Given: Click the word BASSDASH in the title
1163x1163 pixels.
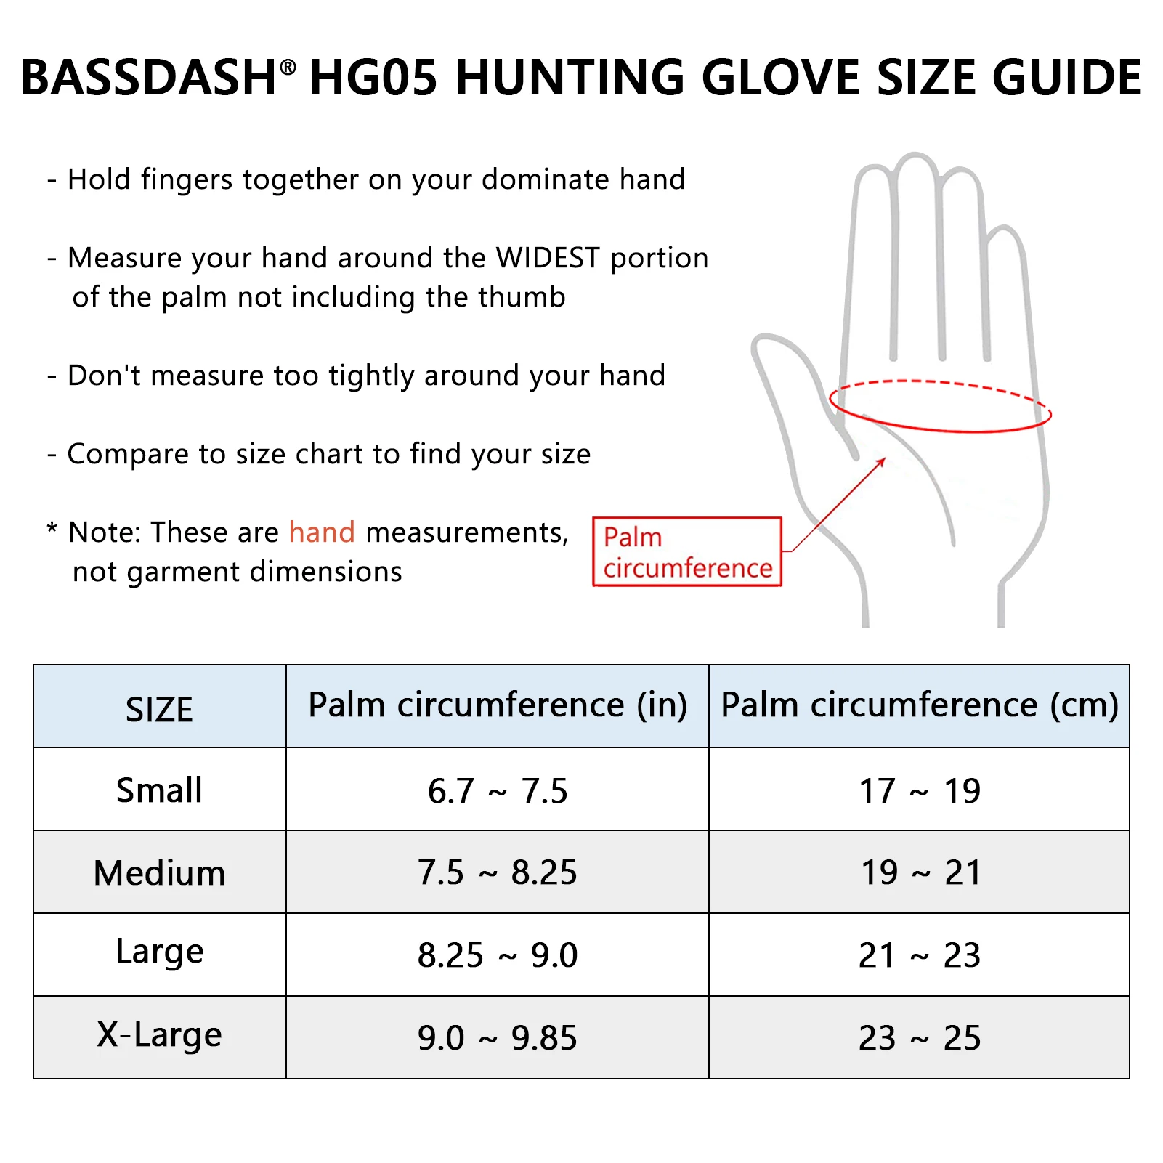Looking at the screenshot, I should coord(148,78).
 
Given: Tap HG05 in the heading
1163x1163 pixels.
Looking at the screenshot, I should coord(373,78).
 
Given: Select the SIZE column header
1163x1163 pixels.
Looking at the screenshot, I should coord(159,709).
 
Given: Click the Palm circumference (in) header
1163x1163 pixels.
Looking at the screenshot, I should coord(498,705).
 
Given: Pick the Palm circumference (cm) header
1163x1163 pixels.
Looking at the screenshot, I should coord(919,705).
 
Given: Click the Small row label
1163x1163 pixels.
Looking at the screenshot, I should coord(159,790).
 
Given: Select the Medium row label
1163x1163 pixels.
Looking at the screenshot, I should coord(159,872).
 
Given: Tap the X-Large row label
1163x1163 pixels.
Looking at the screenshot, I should coord(159,1035).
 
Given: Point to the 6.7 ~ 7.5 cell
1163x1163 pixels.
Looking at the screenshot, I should coord(498,791).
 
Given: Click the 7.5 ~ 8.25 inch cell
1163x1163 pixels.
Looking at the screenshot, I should coord(498,872).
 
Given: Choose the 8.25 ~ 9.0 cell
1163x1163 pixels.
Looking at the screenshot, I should coord(498,955).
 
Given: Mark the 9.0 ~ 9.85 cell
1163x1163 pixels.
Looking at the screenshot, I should coord(498,1038).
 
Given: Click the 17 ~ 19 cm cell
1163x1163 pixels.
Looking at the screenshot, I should coord(920,791).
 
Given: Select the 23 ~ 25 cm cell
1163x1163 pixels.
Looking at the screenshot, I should coord(920,1038).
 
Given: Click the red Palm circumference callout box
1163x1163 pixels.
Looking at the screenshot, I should coord(687,552).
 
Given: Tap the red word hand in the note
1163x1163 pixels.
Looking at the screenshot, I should coord(322,532).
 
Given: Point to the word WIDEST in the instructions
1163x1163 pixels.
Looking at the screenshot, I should coord(548,258).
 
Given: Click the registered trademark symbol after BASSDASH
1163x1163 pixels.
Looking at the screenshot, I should coord(288,68).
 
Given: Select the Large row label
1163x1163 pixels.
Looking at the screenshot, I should coord(159,952).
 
